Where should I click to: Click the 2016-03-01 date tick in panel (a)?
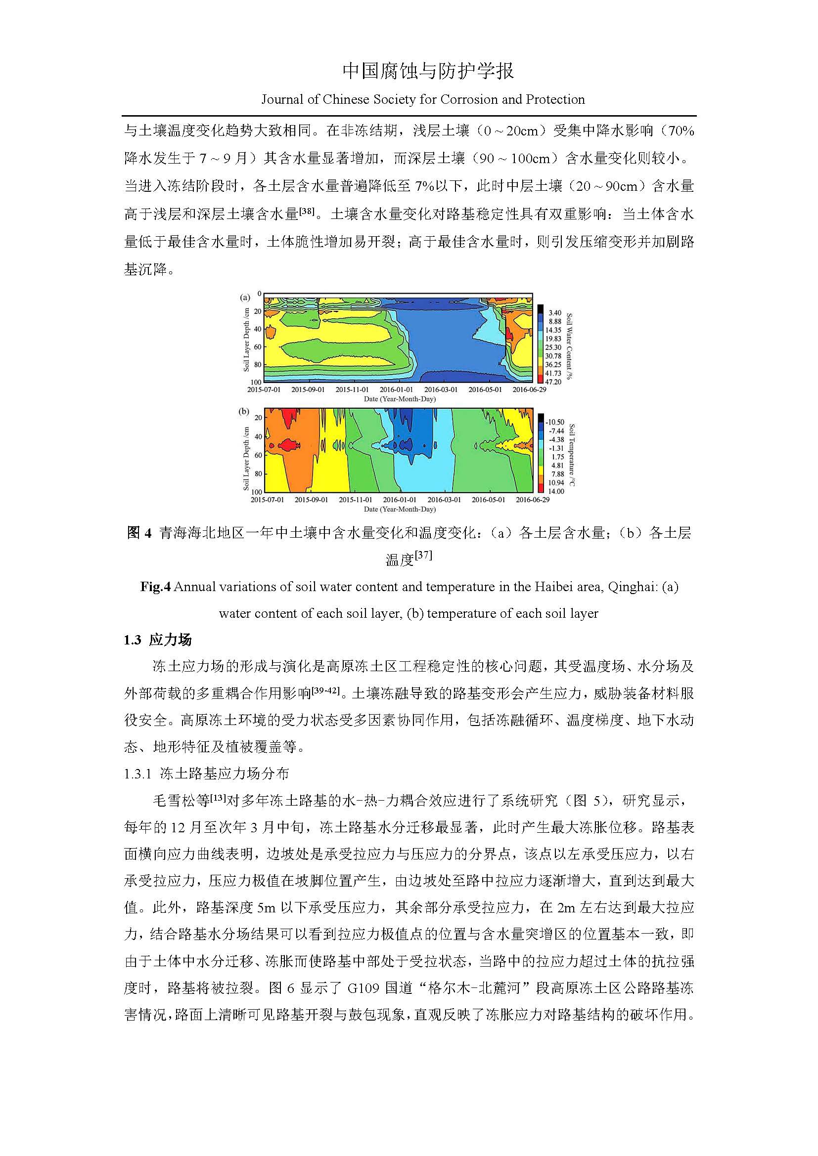click(x=441, y=389)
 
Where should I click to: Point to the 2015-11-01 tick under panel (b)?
click(x=355, y=500)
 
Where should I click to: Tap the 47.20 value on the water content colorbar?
click(x=553, y=382)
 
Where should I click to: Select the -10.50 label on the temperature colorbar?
click(x=554, y=422)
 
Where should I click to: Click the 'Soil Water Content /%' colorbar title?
click(x=570, y=346)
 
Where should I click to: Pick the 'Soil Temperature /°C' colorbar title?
click(x=572, y=455)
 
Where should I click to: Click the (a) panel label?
click(x=245, y=298)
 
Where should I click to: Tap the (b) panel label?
click(x=244, y=411)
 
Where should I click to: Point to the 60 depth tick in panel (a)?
click(x=258, y=347)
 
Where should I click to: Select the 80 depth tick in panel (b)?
click(x=258, y=474)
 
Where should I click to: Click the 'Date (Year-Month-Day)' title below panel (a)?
click(x=400, y=399)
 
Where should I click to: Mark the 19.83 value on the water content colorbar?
click(x=553, y=339)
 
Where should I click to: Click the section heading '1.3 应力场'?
click(x=158, y=640)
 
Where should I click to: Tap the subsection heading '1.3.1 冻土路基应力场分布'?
click(x=207, y=774)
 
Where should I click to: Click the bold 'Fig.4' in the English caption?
click(x=156, y=587)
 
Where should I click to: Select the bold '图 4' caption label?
click(x=139, y=533)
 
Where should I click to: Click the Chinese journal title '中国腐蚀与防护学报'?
click(x=428, y=71)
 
